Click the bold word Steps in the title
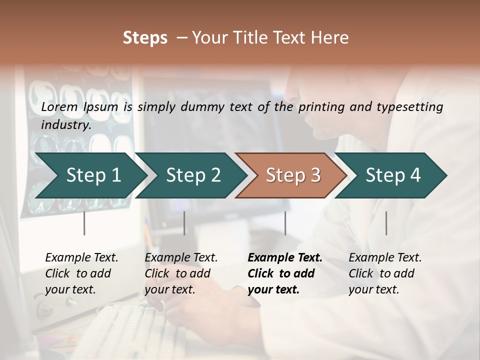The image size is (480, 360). pos(145,38)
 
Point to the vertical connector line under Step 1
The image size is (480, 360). pos(84,223)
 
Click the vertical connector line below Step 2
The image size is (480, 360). pos(184,223)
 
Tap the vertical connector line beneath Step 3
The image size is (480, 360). pos(285,223)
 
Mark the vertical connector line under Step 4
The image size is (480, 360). pos(386,223)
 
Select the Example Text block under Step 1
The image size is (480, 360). pos(81,273)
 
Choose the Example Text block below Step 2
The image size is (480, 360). pos(181,273)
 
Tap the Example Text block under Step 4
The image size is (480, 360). pos(385,273)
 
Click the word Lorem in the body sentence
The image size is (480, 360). pos(59,107)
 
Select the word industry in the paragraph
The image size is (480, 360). pos(65,125)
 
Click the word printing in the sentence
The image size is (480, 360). pos(320,107)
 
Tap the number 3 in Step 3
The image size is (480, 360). pos(314,175)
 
